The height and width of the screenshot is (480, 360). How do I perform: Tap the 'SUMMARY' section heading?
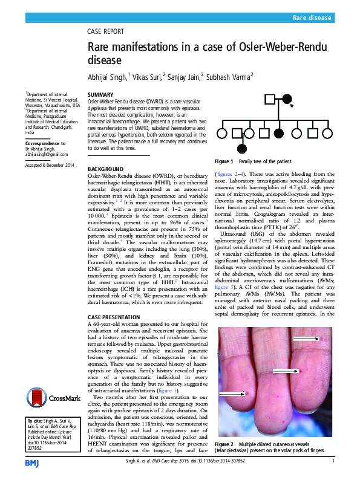click(100, 96)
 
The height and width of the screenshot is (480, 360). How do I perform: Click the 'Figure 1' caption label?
click(224, 162)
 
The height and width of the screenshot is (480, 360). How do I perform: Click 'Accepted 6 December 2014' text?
click(49, 164)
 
